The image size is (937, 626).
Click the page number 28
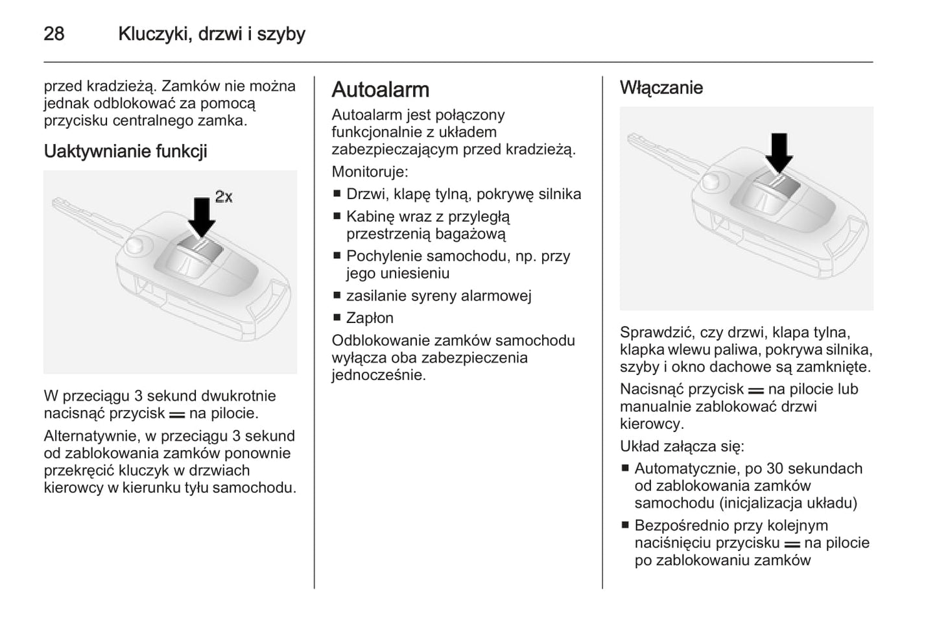pos(54,34)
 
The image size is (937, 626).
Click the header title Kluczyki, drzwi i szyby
pos(211,34)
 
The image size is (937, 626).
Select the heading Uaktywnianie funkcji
pos(125,151)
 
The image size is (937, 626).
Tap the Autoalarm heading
pos(380,90)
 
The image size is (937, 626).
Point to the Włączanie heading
pos(661,88)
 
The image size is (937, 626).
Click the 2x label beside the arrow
pos(224,197)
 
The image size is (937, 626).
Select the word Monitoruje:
pos(370,172)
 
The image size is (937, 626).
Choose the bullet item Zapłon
pos(370,318)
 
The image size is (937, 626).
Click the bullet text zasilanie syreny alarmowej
pos(438,296)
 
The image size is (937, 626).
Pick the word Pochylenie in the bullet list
pos(384,256)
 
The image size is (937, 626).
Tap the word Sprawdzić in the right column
pos(654,333)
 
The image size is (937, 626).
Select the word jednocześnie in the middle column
pos(378,375)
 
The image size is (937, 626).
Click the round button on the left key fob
pos(136,245)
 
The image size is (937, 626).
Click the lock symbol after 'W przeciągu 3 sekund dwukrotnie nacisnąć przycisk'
pos(177,414)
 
